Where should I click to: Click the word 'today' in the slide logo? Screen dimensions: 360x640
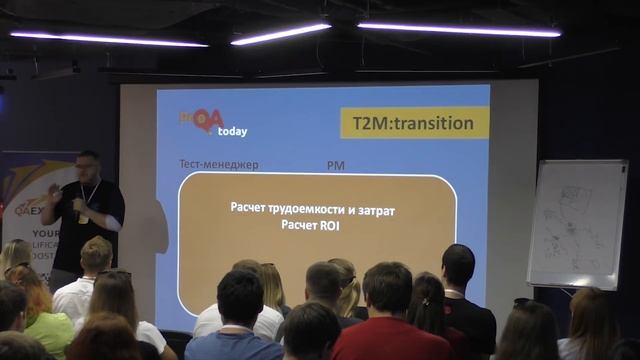[232, 131]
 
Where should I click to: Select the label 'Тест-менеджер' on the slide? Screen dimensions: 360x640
[218, 164]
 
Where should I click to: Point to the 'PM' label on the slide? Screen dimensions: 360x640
[335, 164]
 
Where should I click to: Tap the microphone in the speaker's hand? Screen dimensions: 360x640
[77, 204]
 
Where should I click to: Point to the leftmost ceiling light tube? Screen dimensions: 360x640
[108, 39]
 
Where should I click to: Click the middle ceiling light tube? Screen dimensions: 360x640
[281, 34]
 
